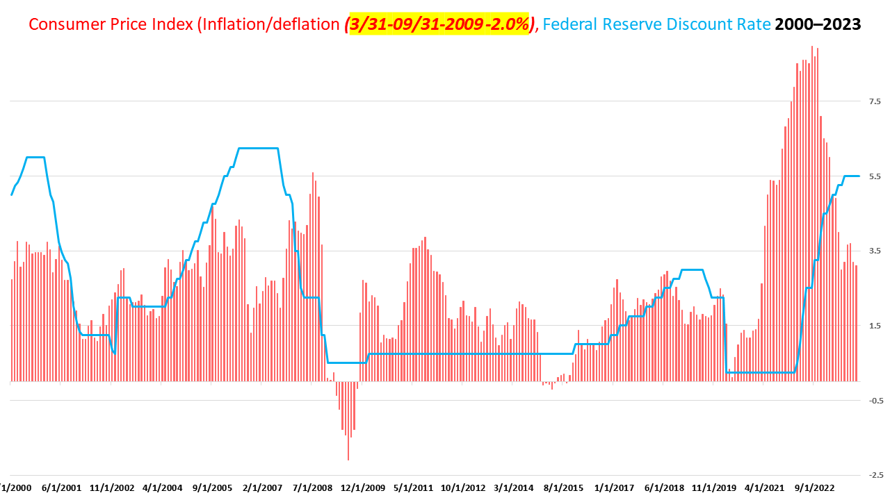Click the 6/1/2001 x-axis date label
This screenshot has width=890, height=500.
pyautogui.click(x=62, y=488)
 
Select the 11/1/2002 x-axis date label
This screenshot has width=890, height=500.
pyautogui.click(x=112, y=488)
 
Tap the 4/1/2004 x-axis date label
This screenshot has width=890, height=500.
pyautogui.click(x=162, y=488)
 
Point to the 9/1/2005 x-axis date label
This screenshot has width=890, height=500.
pyautogui.click(x=212, y=488)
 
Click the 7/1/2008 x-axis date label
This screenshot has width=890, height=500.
pyautogui.click(x=312, y=488)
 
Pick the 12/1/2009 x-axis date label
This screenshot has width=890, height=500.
pyautogui.click(x=362, y=488)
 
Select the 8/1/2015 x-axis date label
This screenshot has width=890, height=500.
pyautogui.click(x=563, y=488)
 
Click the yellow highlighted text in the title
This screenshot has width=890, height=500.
pyautogui.click(x=439, y=24)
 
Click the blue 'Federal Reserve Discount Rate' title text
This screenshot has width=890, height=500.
pyautogui.click(x=656, y=24)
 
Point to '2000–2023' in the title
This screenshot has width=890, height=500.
pyautogui.click(x=818, y=24)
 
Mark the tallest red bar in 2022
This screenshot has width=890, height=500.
pyautogui.click(x=811, y=47)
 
